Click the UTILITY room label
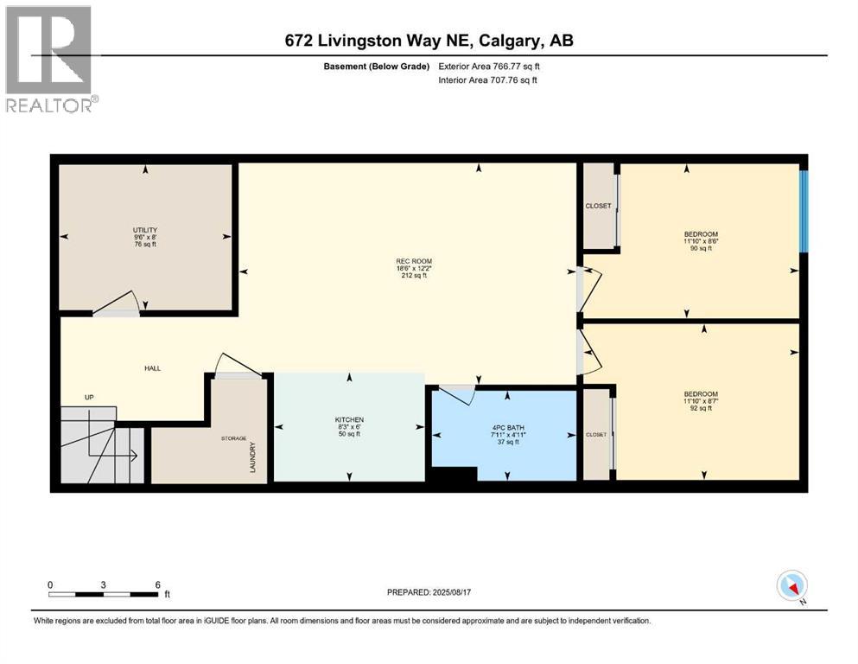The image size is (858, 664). pyautogui.click(x=145, y=230)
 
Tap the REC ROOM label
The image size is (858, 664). pyautogui.click(x=414, y=261)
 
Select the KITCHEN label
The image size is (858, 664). pyautogui.click(x=349, y=420)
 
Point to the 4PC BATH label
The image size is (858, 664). pyautogui.click(x=508, y=427)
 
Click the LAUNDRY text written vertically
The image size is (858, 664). pyautogui.click(x=253, y=457)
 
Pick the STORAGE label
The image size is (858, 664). pyautogui.click(x=233, y=438)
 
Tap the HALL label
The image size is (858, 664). pyautogui.click(x=153, y=368)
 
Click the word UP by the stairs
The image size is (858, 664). pyautogui.click(x=89, y=397)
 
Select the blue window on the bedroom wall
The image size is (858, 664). pyautogui.click(x=804, y=211)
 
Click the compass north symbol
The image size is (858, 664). pyautogui.click(x=791, y=586)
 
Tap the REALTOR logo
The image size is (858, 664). pyautogui.click(x=51, y=59)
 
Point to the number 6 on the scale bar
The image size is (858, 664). pyautogui.click(x=157, y=584)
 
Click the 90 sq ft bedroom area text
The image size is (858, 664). pyautogui.click(x=701, y=248)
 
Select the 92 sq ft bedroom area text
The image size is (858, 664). pyautogui.click(x=701, y=408)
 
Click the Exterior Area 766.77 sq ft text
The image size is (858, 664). pyautogui.click(x=489, y=67)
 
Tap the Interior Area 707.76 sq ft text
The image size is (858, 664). pyautogui.click(x=487, y=80)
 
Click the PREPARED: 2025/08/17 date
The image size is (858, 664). pyautogui.click(x=429, y=592)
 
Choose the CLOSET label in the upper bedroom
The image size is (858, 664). pyautogui.click(x=598, y=206)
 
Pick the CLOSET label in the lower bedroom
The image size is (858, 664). pyautogui.click(x=596, y=435)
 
